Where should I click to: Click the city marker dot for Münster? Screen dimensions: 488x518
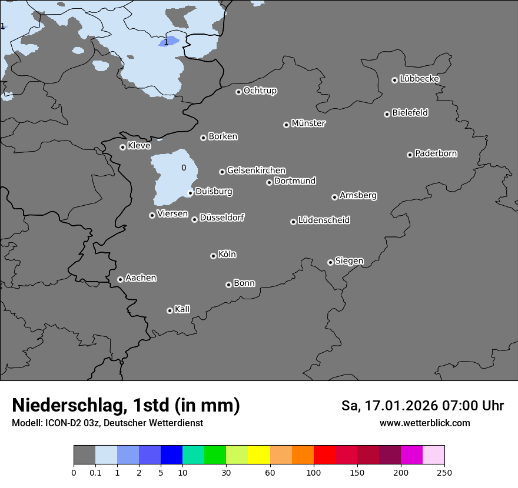click(286, 125)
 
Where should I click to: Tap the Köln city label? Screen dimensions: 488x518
click(227, 255)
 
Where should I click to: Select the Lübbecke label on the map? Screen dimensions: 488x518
click(419, 79)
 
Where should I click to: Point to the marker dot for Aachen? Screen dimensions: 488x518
click(120, 279)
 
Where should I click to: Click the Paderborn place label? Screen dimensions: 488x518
click(436, 153)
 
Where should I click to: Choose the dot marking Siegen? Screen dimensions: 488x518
click(330, 262)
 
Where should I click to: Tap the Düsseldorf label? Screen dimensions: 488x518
click(222, 218)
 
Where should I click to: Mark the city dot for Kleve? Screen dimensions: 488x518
click(122, 147)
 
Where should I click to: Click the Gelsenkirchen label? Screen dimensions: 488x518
click(256, 171)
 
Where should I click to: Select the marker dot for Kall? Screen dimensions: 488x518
click(170, 310)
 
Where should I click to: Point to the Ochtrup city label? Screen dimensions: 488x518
click(260, 91)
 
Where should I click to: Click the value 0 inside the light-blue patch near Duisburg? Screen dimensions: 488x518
click(184, 168)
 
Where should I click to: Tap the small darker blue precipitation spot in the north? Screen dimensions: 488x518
click(168, 41)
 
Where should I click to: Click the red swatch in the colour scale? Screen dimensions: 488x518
click(324, 455)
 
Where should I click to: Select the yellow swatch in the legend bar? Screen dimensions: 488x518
click(259, 455)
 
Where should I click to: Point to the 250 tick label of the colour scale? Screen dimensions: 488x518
click(444, 473)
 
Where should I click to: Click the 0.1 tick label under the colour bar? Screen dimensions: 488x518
click(95, 473)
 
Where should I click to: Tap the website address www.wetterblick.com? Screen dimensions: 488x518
click(424, 423)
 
